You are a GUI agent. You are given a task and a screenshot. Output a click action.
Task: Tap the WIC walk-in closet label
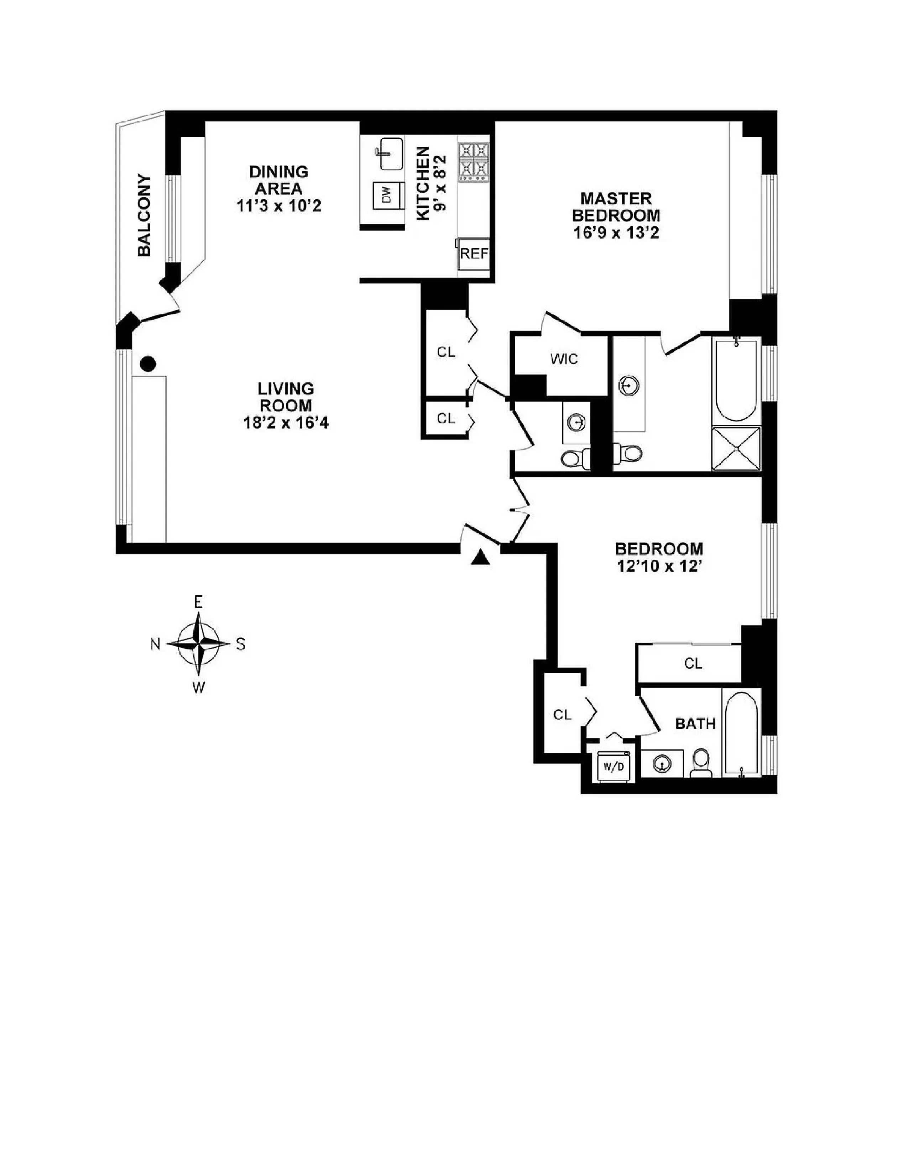pos(564,359)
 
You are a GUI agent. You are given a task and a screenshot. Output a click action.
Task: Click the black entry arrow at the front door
pos(480,558)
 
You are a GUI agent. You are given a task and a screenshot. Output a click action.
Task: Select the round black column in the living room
pos(148,364)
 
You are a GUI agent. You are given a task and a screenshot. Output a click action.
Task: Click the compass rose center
pos(198,643)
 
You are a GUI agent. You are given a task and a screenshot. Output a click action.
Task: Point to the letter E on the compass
pos(198,602)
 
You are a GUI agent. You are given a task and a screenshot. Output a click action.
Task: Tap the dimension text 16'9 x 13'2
pos(616,233)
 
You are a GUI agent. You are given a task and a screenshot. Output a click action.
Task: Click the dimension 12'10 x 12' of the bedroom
pos(659,566)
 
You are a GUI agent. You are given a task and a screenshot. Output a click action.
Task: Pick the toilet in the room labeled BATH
pos(701,763)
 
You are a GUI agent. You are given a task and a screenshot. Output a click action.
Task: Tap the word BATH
pos(695,724)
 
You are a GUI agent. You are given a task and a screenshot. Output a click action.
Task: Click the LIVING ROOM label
pos(285,397)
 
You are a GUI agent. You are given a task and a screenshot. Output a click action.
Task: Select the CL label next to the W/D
pos(562,715)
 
